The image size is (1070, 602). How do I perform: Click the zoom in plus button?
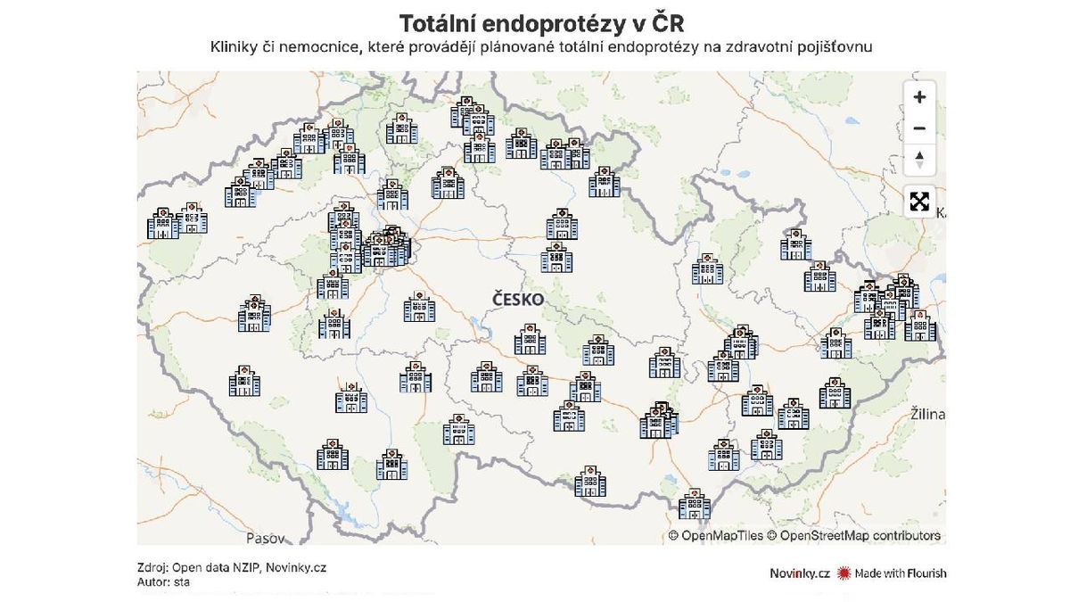point(919,97)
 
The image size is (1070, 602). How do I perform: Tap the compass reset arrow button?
point(919,161)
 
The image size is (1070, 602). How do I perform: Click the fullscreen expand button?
point(919,202)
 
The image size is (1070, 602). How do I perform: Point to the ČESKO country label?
point(518,301)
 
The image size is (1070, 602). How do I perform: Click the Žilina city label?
point(927,416)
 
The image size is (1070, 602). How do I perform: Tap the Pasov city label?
point(266,539)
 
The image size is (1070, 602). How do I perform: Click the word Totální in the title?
point(442,22)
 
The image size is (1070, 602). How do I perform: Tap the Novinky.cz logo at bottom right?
point(800,573)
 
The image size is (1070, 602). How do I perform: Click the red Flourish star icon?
point(844,573)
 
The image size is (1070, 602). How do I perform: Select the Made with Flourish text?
point(901,573)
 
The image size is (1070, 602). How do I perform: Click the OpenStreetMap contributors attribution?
point(860,536)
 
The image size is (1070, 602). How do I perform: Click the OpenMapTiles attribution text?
point(721,536)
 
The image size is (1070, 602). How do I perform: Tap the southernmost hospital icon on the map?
point(695,505)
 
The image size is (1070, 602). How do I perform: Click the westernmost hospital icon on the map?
point(163,223)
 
